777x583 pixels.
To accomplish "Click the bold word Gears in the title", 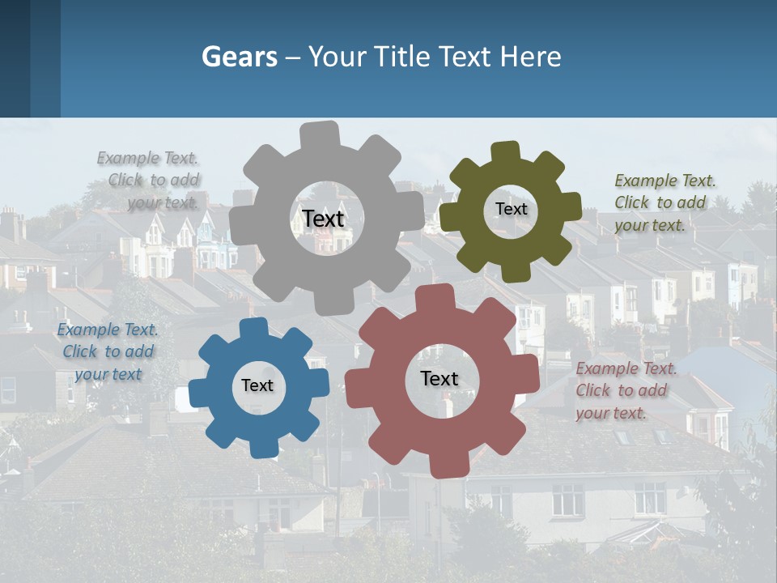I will click(239, 57).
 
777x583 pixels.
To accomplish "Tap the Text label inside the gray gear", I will click(323, 219).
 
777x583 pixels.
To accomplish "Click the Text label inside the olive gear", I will click(511, 209).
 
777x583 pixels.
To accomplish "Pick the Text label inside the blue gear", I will click(257, 386).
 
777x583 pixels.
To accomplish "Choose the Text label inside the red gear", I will click(439, 378).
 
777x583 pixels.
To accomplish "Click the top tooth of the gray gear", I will click(321, 134).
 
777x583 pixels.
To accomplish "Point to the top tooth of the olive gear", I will click(506, 151).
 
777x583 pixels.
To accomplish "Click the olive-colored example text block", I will click(664, 202).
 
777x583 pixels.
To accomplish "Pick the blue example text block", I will click(108, 351).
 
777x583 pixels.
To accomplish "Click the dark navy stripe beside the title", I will click(15, 58).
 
